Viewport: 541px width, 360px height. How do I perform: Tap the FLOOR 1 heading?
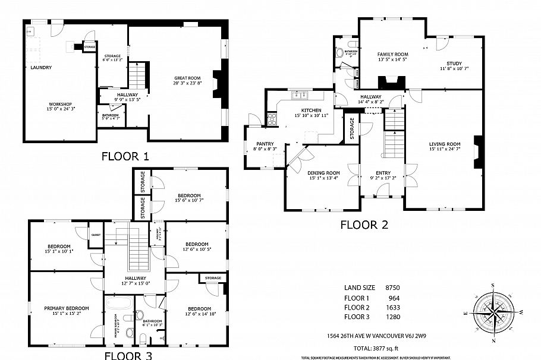click(125, 157)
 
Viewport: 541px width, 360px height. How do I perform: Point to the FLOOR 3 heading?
click(128, 355)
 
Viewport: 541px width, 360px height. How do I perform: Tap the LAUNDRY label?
click(41, 68)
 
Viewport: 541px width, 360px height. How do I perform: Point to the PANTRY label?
click(265, 144)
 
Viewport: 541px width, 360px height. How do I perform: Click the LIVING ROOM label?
click(445, 144)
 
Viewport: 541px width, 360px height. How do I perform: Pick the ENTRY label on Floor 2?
click(383, 172)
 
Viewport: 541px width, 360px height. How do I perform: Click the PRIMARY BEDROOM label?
click(67, 308)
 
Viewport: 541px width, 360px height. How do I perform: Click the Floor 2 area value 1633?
click(393, 308)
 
